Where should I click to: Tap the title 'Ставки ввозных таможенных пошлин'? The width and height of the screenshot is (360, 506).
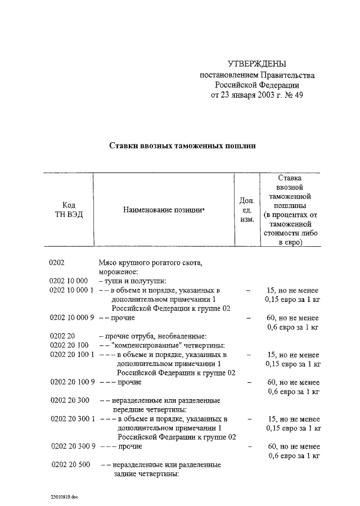182,145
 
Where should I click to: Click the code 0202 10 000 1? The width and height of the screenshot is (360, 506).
71,290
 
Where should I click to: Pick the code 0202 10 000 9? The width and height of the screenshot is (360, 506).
71,318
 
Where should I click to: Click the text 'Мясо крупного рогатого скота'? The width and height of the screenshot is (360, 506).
150,263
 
